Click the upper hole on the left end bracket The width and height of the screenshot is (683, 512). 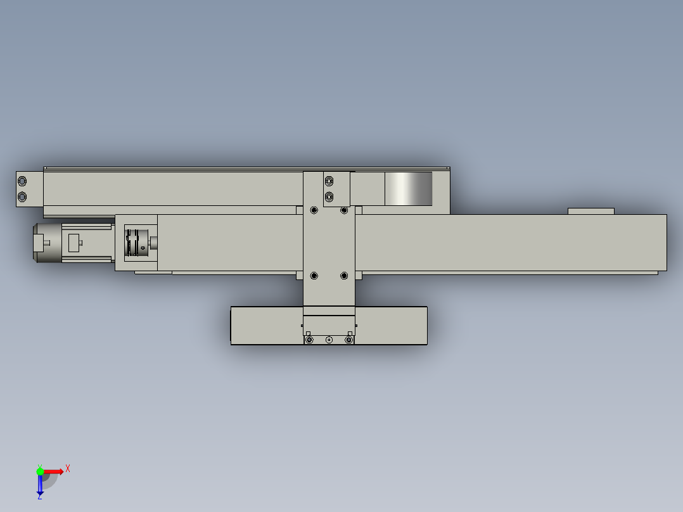coord(22,181)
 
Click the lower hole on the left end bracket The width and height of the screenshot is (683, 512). coord(22,196)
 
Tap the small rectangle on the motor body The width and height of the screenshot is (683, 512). coord(73,243)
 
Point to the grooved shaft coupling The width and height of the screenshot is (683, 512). coord(137,243)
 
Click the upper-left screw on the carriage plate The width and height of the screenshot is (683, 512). coord(314,210)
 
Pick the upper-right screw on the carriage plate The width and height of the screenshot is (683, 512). coord(344,210)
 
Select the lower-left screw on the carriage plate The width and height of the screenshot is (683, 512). coord(314,276)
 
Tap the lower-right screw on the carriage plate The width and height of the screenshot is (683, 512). coord(344,276)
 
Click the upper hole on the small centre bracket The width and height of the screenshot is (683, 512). coord(329,181)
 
